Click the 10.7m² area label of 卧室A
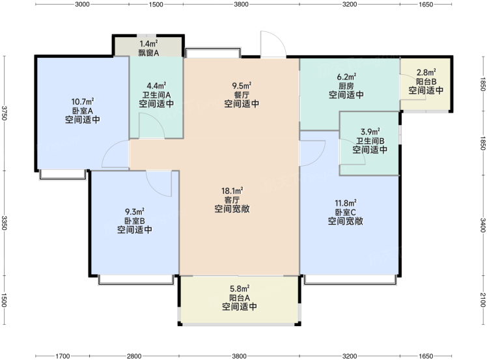click(83, 102)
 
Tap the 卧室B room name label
click(135, 221)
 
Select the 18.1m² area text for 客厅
click(232, 191)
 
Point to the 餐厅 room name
click(242, 95)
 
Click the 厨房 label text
click(346, 86)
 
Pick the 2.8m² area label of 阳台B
click(426, 73)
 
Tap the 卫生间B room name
click(370, 141)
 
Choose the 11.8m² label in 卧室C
click(346, 203)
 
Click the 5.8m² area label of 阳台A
click(240, 289)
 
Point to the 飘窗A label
click(148, 53)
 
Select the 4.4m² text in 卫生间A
click(156, 85)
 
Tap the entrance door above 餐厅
click(273, 44)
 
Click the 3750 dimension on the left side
click(5, 113)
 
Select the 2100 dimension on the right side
click(482, 299)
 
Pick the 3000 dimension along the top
click(82, 5)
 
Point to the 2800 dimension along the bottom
click(134, 356)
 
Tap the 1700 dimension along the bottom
click(63, 356)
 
